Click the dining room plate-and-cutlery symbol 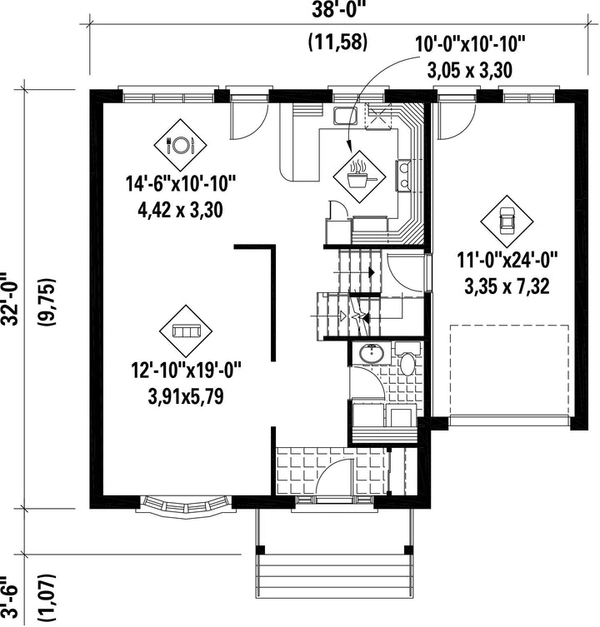point(181,145)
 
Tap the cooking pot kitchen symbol point(360,177)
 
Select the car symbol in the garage point(507,221)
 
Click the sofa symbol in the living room point(186,331)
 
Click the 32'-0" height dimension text point(11,299)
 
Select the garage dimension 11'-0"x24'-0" point(507,261)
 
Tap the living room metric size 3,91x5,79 point(186,396)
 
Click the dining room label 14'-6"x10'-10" point(181,184)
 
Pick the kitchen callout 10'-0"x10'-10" point(469,44)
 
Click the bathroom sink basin point(372,353)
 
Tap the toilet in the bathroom point(407,358)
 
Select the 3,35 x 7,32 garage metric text point(507,286)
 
